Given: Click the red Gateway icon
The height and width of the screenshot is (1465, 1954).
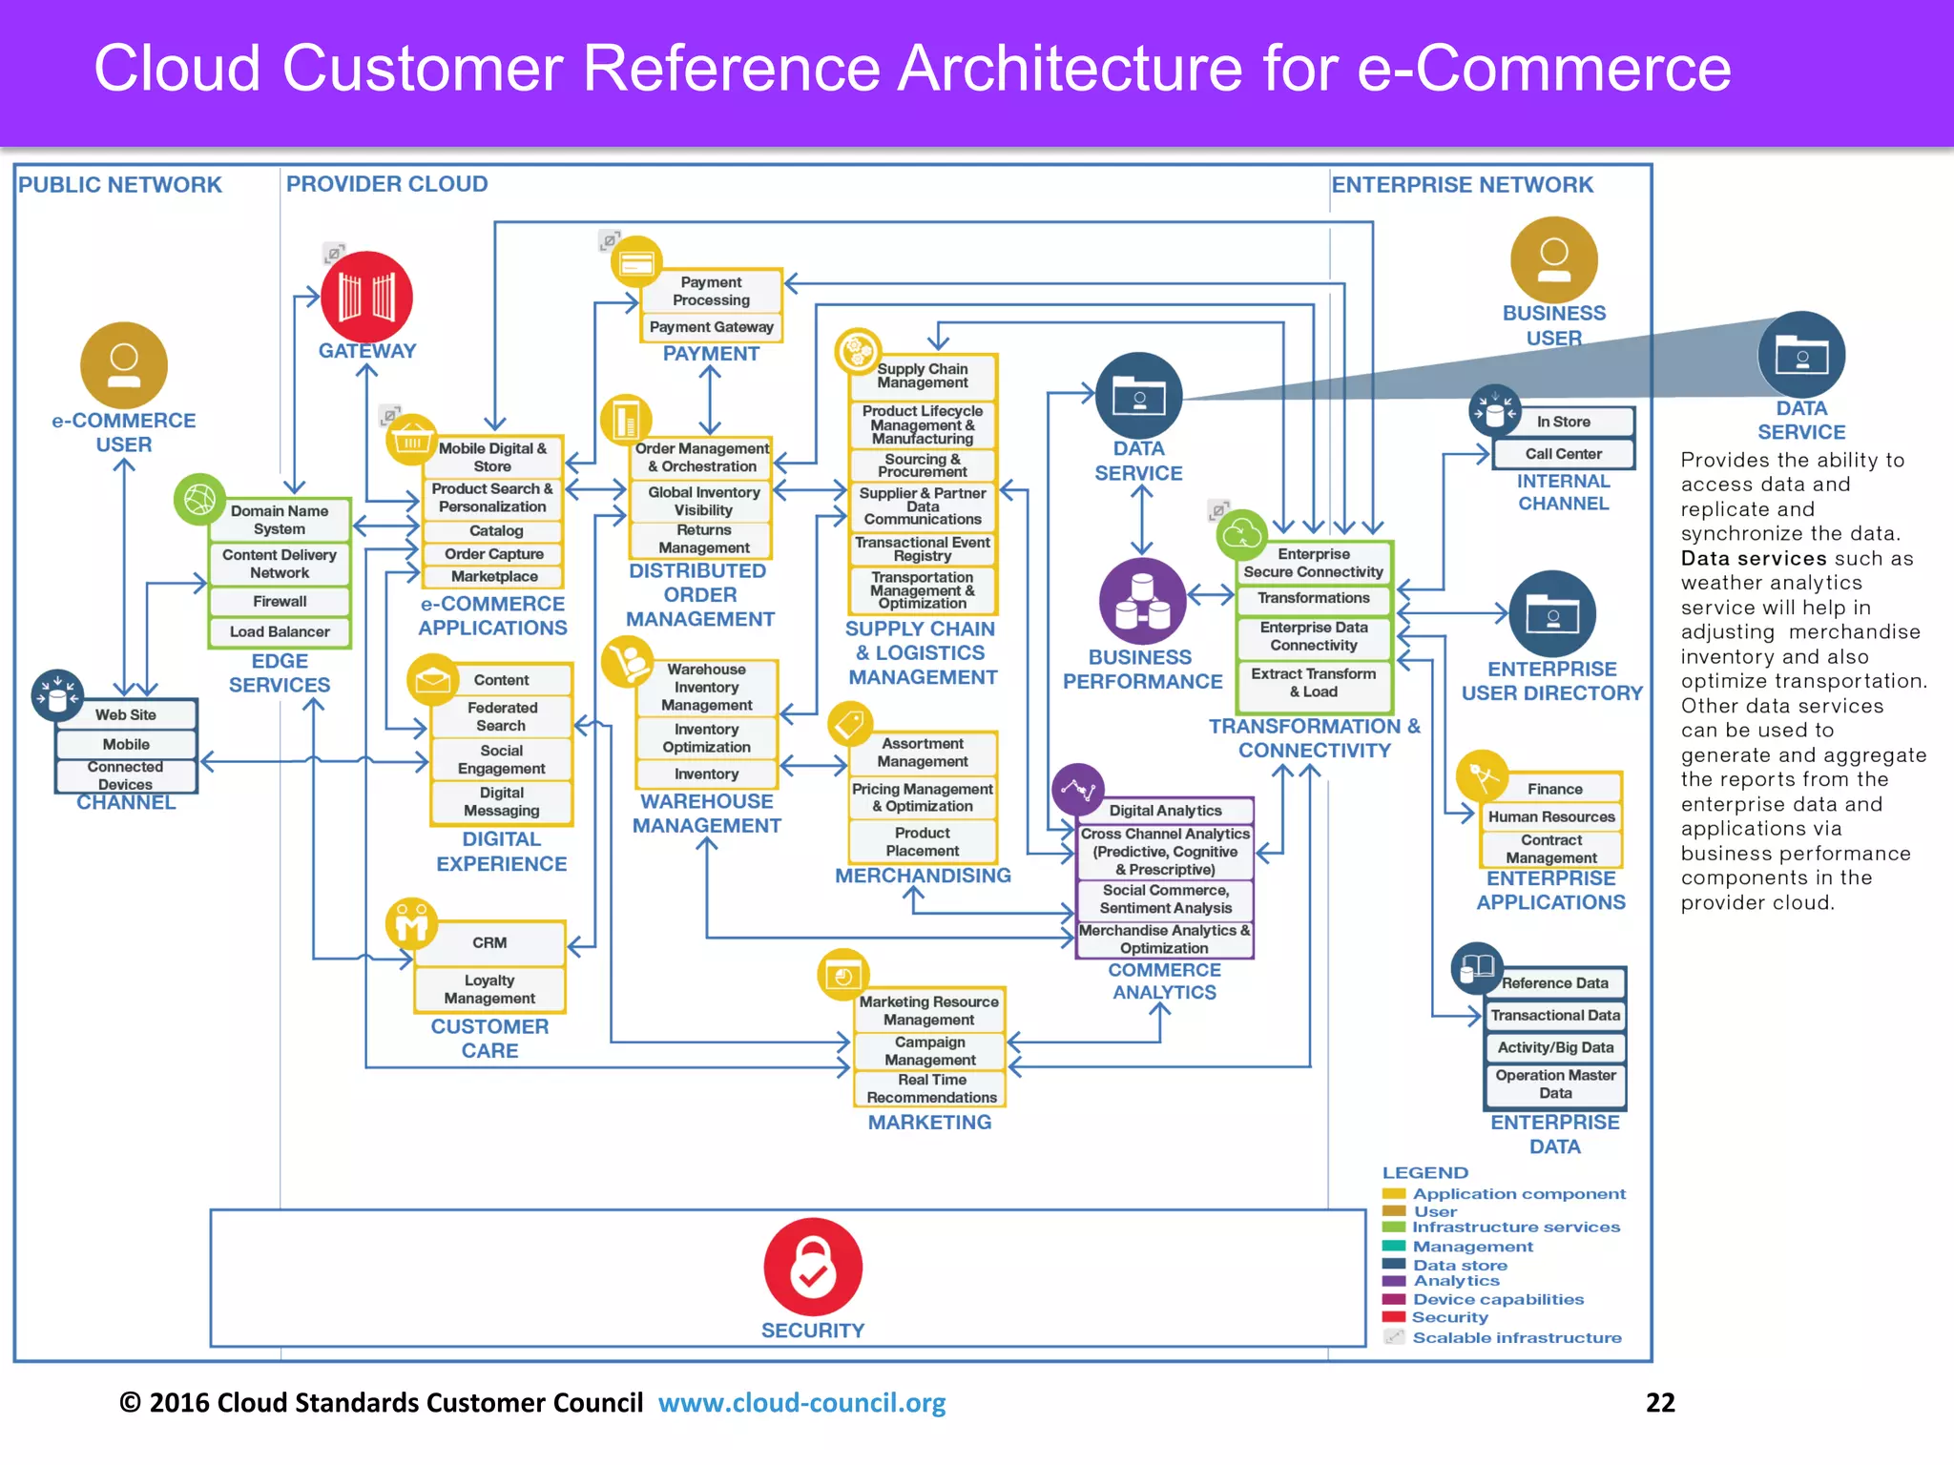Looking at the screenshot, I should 366,297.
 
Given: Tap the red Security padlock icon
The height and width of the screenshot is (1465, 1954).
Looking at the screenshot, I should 813,1267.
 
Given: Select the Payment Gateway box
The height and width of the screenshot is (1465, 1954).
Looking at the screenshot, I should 711,327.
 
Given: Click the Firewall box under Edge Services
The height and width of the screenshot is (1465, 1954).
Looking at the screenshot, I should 280,602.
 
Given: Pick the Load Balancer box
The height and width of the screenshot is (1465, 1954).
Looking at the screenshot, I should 280,631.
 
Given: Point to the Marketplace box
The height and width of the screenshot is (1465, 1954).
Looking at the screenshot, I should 494,576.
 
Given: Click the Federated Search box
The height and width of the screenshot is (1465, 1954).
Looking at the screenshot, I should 502,716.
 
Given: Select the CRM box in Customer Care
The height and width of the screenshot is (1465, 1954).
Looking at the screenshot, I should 489,942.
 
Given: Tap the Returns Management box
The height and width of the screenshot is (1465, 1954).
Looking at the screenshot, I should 703,539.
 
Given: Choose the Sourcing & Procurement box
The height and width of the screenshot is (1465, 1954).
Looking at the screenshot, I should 923,465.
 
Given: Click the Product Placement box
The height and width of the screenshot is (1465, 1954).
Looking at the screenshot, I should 923,841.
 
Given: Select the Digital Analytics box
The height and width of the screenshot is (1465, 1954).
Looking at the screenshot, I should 1165,811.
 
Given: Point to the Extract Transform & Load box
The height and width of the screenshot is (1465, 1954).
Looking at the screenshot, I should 1314,682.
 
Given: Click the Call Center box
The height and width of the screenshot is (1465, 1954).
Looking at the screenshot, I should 1563,454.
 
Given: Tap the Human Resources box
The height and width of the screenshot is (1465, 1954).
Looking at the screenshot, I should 1551,816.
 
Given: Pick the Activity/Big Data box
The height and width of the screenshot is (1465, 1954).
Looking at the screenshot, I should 1555,1047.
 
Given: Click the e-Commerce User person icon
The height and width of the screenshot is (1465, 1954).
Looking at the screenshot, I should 124,365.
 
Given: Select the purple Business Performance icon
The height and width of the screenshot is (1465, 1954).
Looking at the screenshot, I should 1142,601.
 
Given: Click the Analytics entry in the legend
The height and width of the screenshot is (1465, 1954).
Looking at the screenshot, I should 1456,1281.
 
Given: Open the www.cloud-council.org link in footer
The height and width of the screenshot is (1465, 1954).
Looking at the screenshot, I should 801,1403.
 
